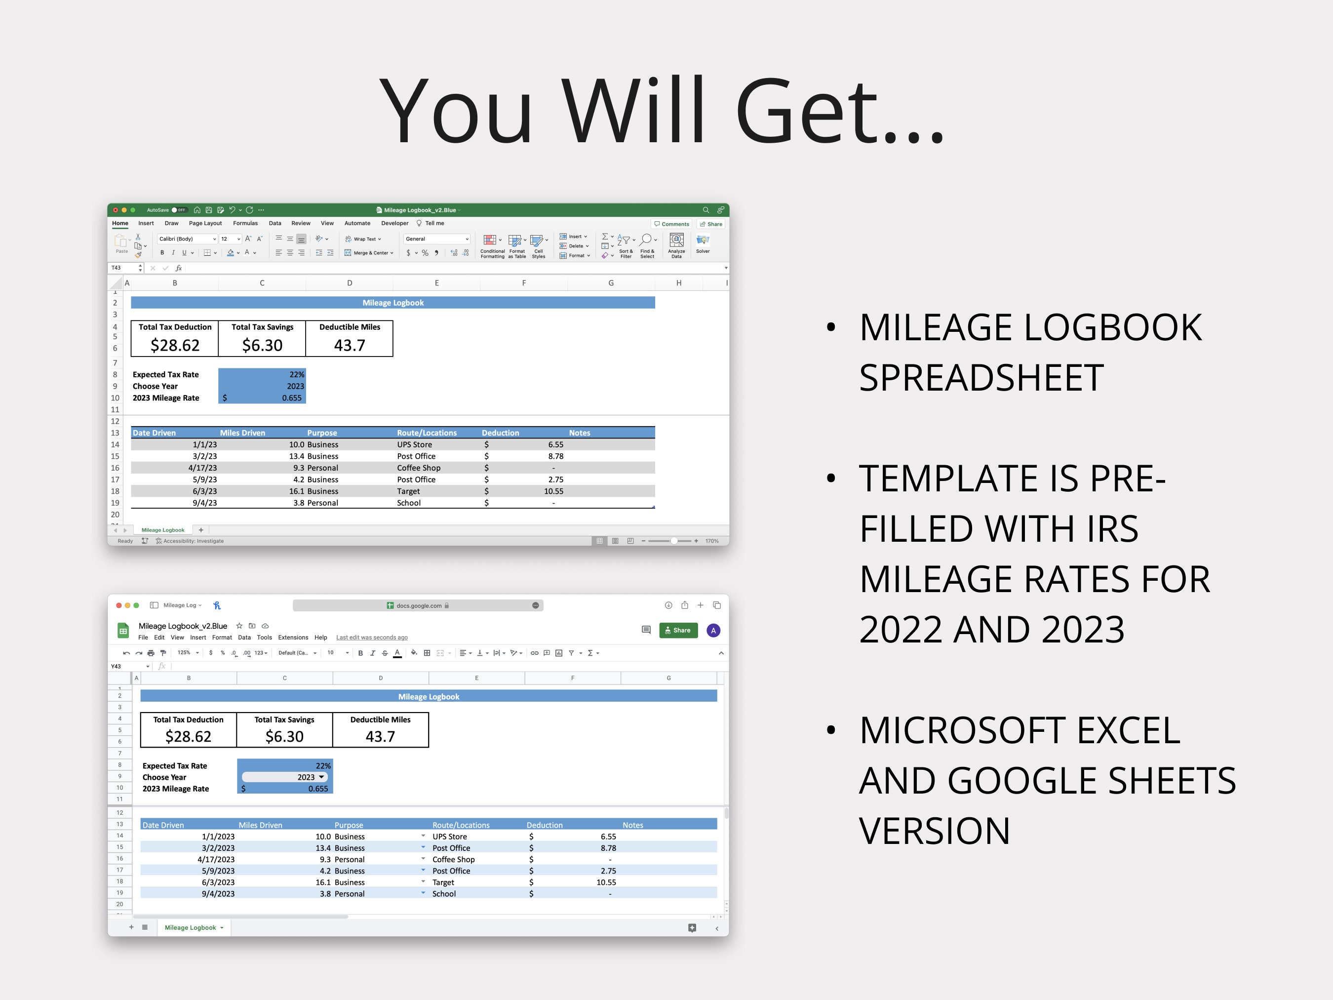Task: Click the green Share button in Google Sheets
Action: click(678, 631)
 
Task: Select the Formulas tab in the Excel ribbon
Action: click(245, 224)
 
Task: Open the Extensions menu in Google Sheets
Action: click(293, 638)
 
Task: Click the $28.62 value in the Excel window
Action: click(175, 345)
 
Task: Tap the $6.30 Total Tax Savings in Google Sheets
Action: click(284, 737)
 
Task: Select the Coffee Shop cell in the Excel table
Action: click(419, 468)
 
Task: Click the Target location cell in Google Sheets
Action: click(443, 882)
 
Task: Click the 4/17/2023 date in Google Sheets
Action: click(216, 860)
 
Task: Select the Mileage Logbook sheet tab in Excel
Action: click(163, 530)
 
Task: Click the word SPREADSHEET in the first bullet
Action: click(981, 378)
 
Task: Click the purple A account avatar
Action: click(713, 631)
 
